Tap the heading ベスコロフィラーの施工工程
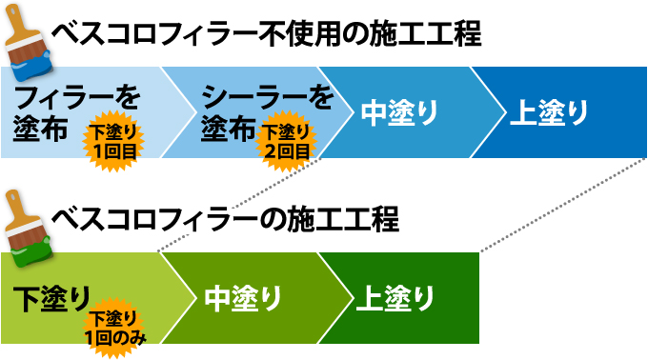[x=225, y=221]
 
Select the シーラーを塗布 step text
[x=257, y=111]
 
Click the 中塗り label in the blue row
[x=399, y=111]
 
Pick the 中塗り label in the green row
[x=243, y=298]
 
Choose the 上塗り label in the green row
[x=395, y=298]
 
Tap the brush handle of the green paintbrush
[x=14, y=205]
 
